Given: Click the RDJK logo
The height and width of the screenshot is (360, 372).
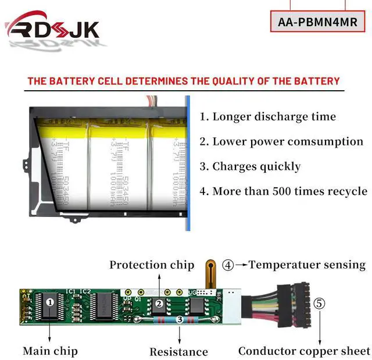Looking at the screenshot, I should coord(52,28).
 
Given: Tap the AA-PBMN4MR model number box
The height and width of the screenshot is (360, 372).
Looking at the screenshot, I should coord(317,22).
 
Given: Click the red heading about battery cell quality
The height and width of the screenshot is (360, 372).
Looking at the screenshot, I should coord(184,81).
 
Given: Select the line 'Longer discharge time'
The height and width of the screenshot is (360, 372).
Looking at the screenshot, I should coord(268,116).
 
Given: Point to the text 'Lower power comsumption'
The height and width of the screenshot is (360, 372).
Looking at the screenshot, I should coord(281,141).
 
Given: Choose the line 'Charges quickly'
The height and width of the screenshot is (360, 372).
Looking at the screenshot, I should coord(250,166).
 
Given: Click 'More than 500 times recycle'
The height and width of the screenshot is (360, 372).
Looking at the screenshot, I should coord(283,191).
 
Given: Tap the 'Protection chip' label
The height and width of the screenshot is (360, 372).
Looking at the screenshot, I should coord(152,265).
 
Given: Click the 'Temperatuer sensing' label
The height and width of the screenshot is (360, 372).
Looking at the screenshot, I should coord(307,265).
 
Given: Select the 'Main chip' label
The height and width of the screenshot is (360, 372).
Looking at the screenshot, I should coord(50,351).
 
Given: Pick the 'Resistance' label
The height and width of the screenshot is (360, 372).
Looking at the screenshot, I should coord(178,351).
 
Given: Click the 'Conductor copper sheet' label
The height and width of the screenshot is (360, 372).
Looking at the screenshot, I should coord(304,351).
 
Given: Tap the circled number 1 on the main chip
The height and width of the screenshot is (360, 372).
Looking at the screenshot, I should coord(51,302).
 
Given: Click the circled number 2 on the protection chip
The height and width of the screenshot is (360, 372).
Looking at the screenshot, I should coord(158,303).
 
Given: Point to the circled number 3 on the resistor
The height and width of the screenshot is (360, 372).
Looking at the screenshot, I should coord(180,319).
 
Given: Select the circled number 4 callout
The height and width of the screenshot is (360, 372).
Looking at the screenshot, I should coord(228,265).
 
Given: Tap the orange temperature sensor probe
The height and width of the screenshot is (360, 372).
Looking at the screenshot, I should coord(209,273).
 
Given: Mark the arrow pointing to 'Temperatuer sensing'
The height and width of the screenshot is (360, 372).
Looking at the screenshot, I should coord(242,265).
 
